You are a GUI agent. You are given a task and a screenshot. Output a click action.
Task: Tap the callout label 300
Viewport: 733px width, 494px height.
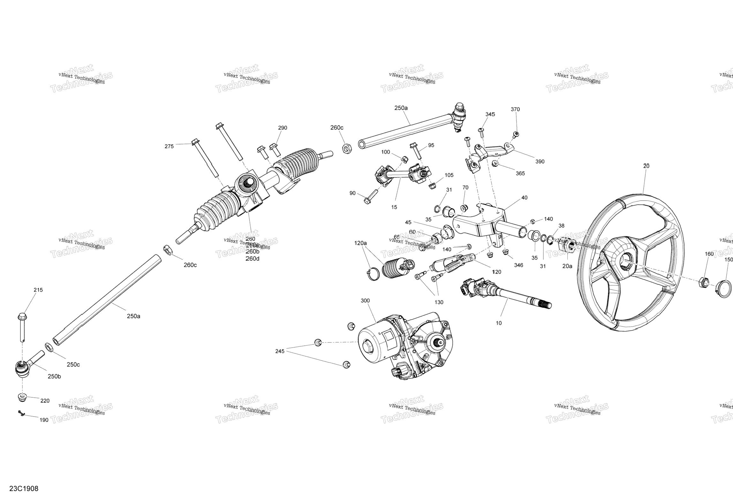365,301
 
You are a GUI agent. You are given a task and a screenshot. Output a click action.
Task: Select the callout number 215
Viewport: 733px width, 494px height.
38,290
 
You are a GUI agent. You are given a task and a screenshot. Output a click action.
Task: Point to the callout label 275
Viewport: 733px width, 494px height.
169,146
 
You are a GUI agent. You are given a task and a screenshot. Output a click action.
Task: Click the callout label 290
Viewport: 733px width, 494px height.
282,128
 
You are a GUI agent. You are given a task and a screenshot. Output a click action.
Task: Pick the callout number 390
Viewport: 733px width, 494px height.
540,162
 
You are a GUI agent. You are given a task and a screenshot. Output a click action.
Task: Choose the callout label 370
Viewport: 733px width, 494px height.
515,109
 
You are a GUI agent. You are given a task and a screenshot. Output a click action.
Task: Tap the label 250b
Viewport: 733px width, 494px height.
54,376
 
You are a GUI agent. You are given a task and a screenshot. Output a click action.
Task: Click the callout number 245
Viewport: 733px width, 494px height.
280,351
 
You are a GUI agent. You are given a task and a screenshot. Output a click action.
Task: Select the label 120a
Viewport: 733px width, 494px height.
361,243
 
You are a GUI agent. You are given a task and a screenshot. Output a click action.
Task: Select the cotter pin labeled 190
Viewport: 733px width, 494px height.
22,413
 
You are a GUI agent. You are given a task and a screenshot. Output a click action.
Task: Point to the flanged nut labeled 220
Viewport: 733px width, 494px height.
22,397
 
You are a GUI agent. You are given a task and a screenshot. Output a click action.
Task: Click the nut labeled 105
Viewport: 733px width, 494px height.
431,186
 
